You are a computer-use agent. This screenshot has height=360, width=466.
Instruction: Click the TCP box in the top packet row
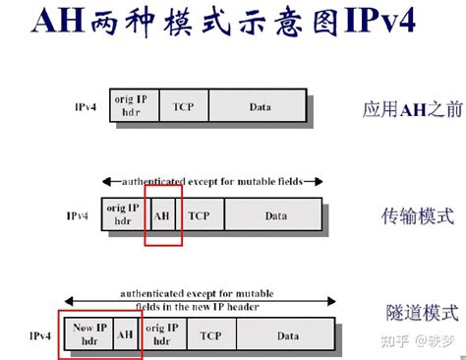(184, 106)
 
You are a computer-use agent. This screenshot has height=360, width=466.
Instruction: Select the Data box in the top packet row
(258, 106)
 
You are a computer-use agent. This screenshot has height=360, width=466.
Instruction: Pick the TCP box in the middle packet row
(200, 213)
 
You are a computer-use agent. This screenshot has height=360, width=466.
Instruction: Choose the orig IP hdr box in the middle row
(123, 213)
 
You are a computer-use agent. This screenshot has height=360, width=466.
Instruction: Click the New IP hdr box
(89, 335)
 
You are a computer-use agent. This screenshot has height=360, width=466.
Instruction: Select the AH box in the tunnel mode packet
(127, 335)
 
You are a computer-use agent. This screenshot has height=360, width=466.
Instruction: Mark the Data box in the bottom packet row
(287, 335)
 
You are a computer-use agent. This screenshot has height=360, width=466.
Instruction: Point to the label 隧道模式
(421, 315)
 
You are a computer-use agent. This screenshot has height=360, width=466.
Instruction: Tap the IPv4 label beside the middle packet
(79, 214)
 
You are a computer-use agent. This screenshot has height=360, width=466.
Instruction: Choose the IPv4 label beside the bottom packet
(41, 335)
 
